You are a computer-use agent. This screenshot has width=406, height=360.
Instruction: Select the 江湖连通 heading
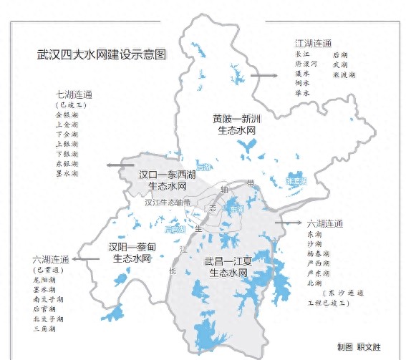pyautogui.click(x=313, y=43)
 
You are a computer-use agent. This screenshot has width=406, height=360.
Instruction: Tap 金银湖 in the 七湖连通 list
pyautogui.click(x=67, y=115)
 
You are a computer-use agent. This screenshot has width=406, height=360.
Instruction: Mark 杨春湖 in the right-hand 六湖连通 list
pyautogui.click(x=318, y=254)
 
